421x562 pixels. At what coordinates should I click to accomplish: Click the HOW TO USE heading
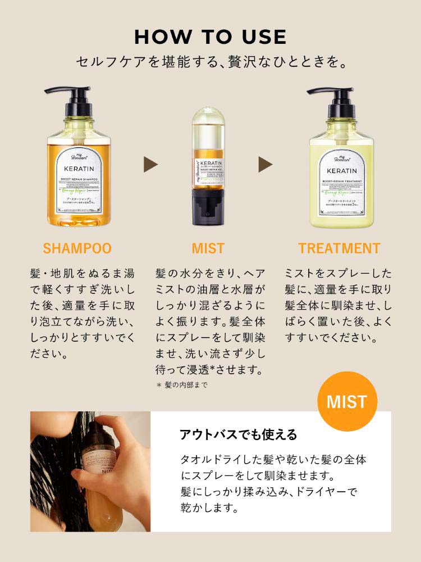tap(210, 37)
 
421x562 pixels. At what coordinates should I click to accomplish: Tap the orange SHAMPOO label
tap(77, 248)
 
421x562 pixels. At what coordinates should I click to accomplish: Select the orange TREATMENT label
tap(339, 248)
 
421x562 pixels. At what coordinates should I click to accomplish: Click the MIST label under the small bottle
tap(208, 248)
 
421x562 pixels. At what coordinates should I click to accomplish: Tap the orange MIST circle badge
tap(346, 402)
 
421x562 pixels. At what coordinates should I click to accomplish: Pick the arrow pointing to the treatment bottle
tap(265, 164)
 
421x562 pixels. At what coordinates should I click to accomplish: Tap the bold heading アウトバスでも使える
tap(238, 434)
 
